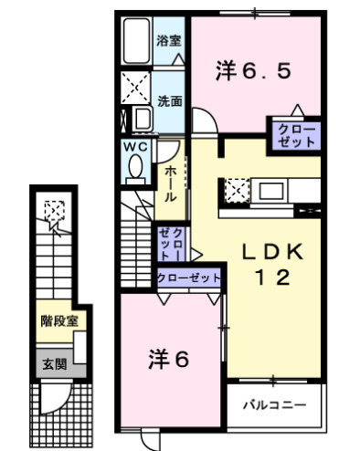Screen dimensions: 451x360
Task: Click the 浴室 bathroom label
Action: point(168,40)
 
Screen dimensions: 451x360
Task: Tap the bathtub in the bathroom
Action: point(136,40)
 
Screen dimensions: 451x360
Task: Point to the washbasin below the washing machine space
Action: point(143,119)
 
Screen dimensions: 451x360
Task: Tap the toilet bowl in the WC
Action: point(136,169)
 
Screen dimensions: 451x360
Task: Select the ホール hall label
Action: point(171,184)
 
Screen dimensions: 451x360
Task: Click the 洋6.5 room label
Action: point(254,68)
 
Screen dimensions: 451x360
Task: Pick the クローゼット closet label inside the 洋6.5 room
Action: point(293,135)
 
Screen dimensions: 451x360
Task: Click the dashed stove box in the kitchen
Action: point(235,191)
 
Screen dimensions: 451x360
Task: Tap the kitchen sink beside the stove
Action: point(272,191)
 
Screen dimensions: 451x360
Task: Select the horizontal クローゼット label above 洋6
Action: point(188,278)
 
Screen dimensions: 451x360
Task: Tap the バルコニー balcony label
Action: point(273,403)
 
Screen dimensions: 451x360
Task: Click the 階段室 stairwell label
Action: point(59,320)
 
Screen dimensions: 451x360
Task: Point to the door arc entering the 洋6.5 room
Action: point(205,126)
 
